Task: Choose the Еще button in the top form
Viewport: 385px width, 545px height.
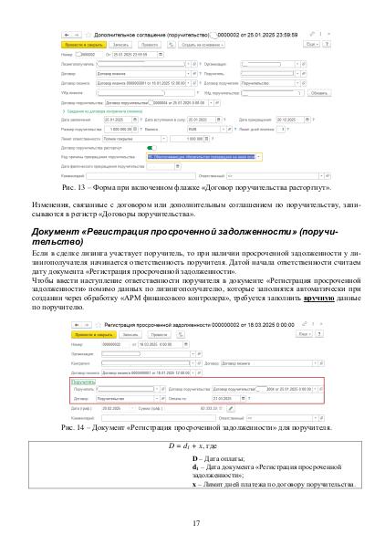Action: click(x=310, y=42)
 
